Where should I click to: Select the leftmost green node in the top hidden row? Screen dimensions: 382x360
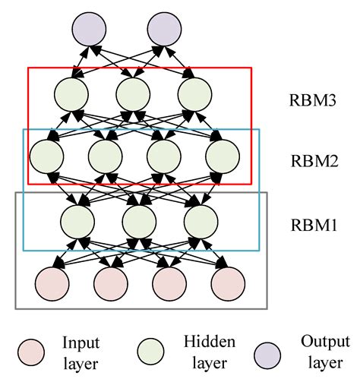(72, 94)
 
